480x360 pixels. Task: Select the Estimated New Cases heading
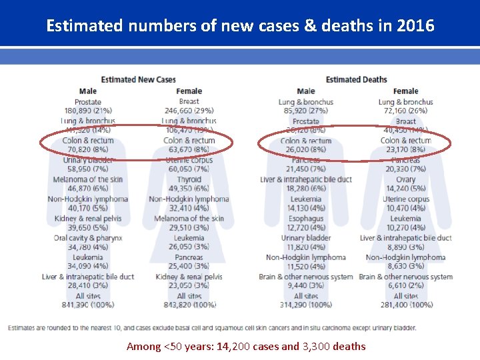pyautogui.click(x=138, y=80)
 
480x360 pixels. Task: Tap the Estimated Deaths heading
pyautogui.click(x=356, y=80)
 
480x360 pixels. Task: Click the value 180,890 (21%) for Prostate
pyautogui.click(x=88, y=111)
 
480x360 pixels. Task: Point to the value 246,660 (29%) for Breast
pyautogui.click(x=189, y=111)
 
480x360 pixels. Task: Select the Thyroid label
pyautogui.click(x=189, y=179)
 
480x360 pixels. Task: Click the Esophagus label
pyautogui.click(x=306, y=218)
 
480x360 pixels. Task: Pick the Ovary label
pyautogui.click(x=405, y=179)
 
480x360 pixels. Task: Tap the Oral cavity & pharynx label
pyautogui.click(x=88, y=238)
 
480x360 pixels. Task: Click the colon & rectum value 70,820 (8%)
pyautogui.click(x=88, y=150)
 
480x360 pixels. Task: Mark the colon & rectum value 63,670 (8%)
pyautogui.click(x=189, y=150)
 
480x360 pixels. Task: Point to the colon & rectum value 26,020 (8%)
pyautogui.click(x=306, y=150)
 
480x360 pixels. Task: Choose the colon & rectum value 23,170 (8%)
pyautogui.click(x=405, y=150)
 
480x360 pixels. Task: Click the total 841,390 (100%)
pyautogui.click(x=88, y=305)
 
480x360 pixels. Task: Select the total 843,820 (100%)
pyautogui.click(x=189, y=305)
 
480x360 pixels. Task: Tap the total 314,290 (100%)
pyautogui.click(x=306, y=305)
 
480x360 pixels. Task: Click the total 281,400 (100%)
pyautogui.click(x=405, y=305)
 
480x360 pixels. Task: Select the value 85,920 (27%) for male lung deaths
pyautogui.click(x=306, y=111)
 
